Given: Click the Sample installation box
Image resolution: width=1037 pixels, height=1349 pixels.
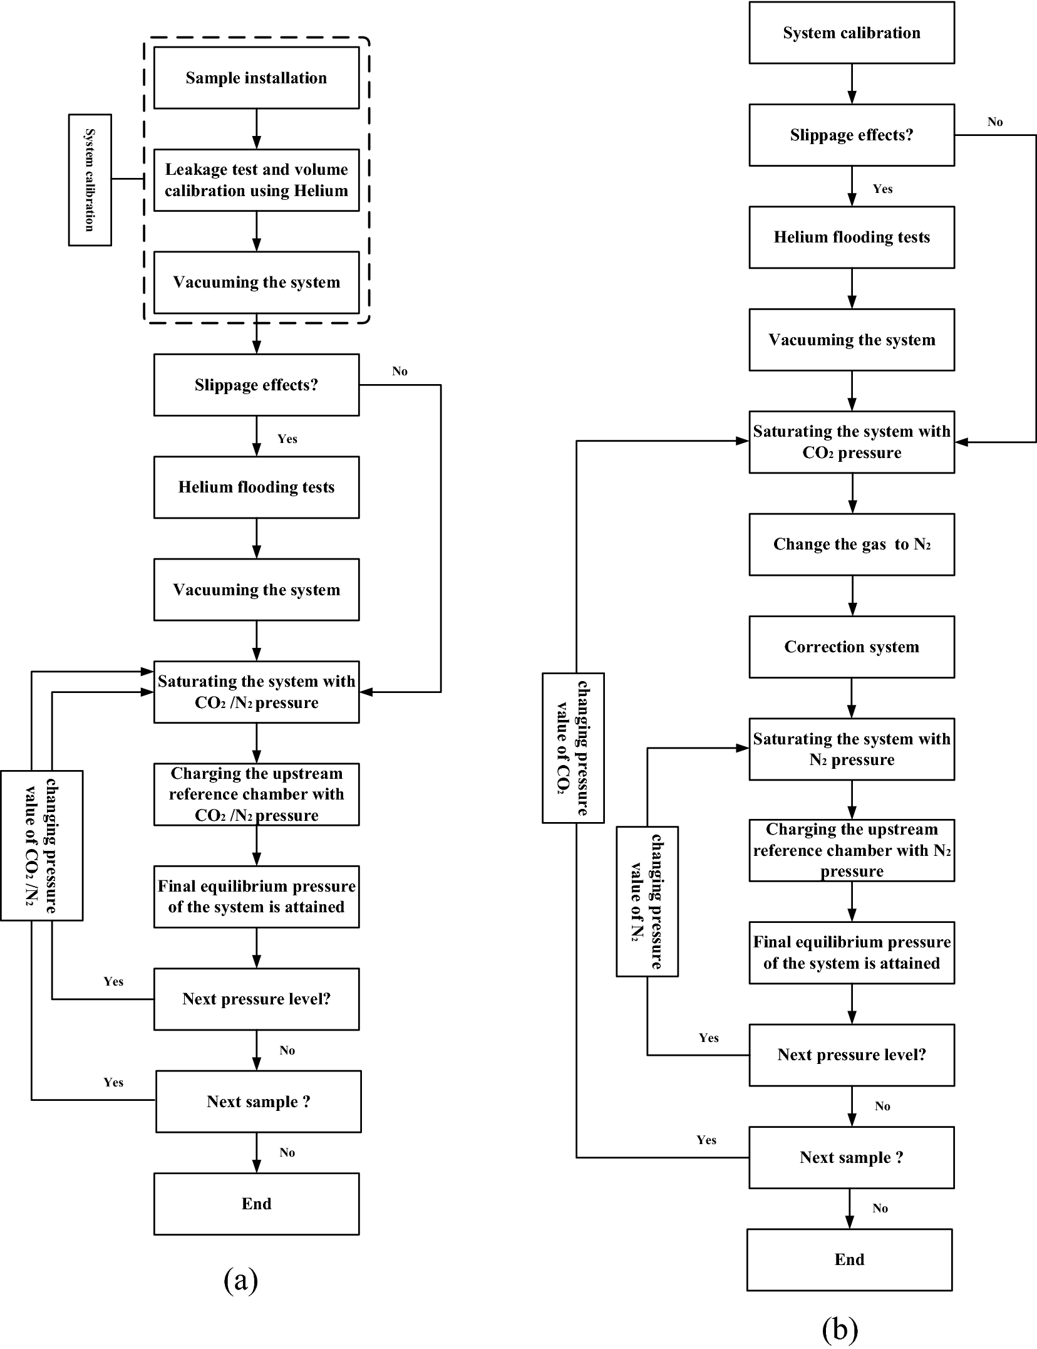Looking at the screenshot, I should [x=256, y=78].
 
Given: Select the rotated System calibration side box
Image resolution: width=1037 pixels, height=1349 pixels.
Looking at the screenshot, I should [x=90, y=180].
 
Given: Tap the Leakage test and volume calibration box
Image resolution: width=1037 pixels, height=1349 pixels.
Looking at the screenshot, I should [x=256, y=180].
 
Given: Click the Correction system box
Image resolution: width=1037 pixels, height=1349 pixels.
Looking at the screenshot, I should [x=852, y=647].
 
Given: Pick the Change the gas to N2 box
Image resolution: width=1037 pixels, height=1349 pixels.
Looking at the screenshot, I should [x=852, y=544].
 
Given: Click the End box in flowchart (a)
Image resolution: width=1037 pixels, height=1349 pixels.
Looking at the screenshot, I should [x=256, y=1204].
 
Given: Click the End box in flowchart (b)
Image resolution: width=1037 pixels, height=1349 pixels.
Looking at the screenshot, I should [x=849, y=1259].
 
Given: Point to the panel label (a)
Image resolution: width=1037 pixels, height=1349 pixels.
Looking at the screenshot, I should [x=240, y=1280].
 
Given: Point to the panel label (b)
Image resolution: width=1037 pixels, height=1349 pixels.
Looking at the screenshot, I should [x=839, y=1328].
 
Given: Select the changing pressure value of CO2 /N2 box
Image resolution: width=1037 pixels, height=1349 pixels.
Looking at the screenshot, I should [x=41, y=845].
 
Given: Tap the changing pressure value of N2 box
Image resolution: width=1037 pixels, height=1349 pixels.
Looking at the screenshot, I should [x=647, y=901].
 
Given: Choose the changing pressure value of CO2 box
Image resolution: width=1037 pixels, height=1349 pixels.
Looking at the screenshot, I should [x=573, y=747].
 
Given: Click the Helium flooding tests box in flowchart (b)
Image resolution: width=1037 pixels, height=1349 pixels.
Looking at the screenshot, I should [x=852, y=237].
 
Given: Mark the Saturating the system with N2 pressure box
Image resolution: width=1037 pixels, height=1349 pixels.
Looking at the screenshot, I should [x=852, y=749].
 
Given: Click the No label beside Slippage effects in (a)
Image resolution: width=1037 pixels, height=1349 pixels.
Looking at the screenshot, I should [x=400, y=371].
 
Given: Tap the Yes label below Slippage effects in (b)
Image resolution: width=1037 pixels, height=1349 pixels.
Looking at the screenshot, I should [x=882, y=189].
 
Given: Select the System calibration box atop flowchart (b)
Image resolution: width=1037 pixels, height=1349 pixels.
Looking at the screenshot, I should [x=852, y=33].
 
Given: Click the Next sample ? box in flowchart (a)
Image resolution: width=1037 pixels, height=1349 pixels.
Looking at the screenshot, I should [x=258, y=1102].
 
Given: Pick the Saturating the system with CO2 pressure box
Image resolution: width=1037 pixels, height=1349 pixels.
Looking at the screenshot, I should [x=852, y=442].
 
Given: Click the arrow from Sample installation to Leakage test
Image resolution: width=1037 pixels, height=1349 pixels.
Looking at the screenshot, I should [x=256, y=128].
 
